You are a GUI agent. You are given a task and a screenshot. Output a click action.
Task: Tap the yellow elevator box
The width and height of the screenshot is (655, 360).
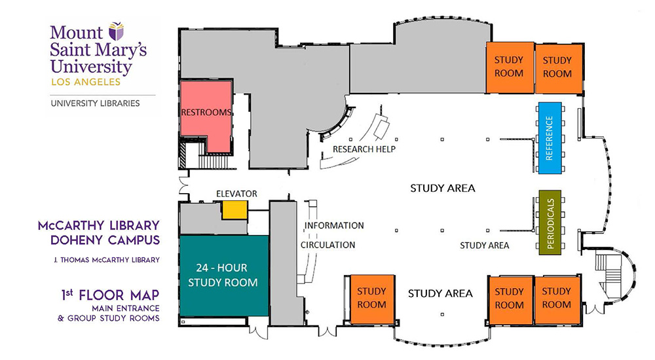pos(234,209)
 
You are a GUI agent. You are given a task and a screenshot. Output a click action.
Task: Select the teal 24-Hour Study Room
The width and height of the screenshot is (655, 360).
pos(223,276)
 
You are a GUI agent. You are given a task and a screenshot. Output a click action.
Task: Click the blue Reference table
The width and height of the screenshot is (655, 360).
pos(549,137)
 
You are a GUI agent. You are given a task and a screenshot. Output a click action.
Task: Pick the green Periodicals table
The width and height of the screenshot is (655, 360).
pos(550,223)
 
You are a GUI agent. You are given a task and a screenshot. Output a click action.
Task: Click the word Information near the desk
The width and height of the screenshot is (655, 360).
pos(333,225)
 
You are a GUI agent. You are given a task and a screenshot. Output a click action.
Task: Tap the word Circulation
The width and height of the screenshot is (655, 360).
pos(327,245)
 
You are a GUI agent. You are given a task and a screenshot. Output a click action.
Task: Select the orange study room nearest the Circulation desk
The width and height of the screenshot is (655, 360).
pos(371,298)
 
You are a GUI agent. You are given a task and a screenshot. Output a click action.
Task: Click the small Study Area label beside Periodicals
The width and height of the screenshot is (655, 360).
pos(485,245)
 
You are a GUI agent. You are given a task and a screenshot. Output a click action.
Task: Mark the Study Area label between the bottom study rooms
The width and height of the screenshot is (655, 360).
pos(440,293)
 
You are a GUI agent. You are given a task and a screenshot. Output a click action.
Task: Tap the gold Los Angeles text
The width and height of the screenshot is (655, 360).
pos(85,82)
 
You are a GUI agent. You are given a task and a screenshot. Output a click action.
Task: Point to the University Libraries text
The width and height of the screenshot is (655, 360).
pos(95,103)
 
